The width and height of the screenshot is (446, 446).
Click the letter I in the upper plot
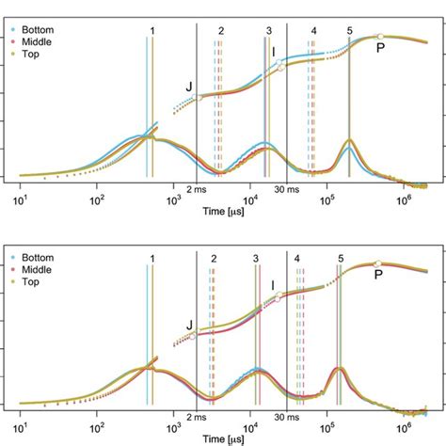click(274, 52)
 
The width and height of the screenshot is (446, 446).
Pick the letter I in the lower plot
click(273, 284)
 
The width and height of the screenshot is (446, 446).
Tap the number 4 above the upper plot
click(312, 31)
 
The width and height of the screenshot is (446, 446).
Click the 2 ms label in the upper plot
click(196, 189)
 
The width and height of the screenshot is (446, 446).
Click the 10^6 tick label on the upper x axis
click(405, 200)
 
